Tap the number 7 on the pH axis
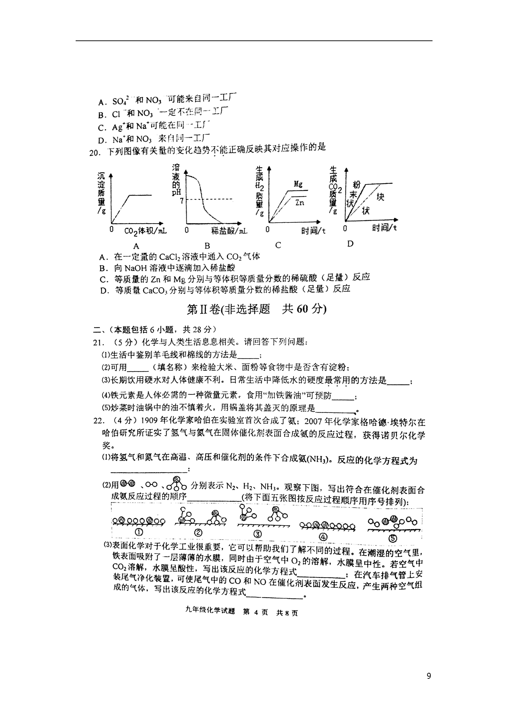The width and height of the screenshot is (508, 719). tap(182, 201)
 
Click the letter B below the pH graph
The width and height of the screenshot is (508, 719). tap(207, 246)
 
